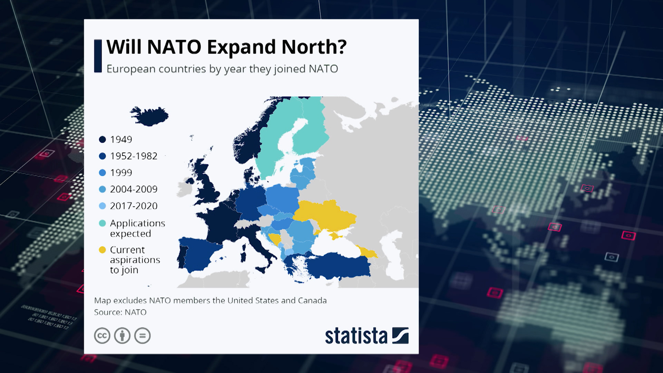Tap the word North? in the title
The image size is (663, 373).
[x=314, y=47]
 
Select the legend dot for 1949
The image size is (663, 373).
[x=102, y=140]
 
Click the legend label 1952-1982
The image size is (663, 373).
[x=134, y=156]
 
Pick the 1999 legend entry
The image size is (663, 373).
[x=121, y=173]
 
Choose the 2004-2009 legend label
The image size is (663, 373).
[x=134, y=189]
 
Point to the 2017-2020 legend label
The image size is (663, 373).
[x=134, y=206]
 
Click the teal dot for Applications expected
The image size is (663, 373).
[x=102, y=223]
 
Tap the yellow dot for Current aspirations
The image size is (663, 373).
[x=102, y=250]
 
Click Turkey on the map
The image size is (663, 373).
[x=338, y=266]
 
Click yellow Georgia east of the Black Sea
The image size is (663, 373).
[x=368, y=252]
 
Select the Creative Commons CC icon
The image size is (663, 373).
[x=102, y=335]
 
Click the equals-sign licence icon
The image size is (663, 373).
[x=142, y=335]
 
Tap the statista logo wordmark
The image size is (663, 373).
[x=356, y=336]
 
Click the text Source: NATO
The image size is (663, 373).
[x=120, y=312]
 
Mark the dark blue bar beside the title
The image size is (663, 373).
[x=98, y=56]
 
